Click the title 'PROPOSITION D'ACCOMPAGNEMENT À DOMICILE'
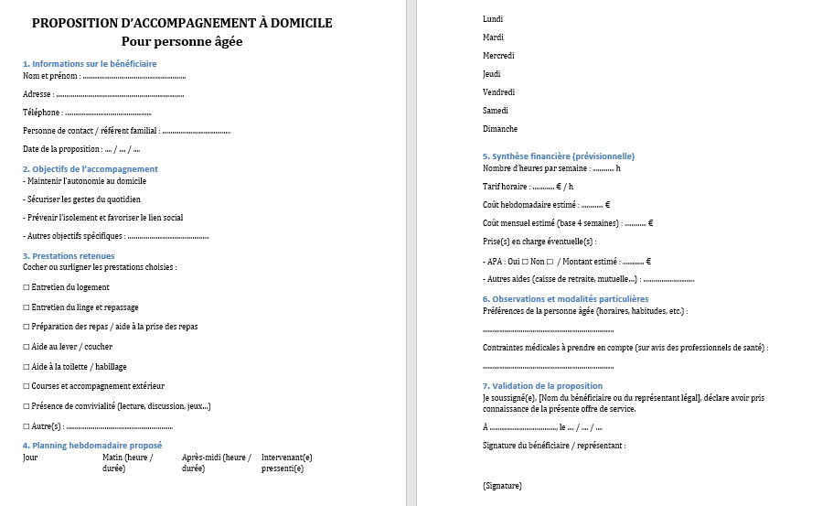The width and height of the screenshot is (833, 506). click(x=182, y=23)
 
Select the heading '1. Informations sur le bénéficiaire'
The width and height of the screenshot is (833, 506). click(x=90, y=63)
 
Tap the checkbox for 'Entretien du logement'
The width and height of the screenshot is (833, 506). click(x=27, y=287)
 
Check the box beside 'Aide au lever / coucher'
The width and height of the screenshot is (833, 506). click(x=27, y=347)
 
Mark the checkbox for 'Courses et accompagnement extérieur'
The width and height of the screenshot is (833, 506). click(x=27, y=386)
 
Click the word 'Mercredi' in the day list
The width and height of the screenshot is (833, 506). click(x=498, y=56)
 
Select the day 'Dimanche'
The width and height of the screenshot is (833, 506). click(x=500, y=129)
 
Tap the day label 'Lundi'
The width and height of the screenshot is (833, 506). click(x=492, y=19)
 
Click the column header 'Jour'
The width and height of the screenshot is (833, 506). click(x=30, y=457)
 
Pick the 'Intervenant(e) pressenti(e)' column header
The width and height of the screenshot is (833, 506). click(x=286, y=462)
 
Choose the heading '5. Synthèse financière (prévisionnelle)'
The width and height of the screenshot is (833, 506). click(x=558, y=156)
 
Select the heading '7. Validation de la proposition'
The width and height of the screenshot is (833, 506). click(x=542, y=386)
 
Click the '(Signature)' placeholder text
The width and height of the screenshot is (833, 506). click(x=502, y=486)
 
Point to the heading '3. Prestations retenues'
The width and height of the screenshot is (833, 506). click(x=69, y=256)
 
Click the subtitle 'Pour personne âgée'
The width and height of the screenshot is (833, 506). click(x=182, y=42)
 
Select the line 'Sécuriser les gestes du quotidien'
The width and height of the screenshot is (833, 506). click(x=81, y=199)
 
